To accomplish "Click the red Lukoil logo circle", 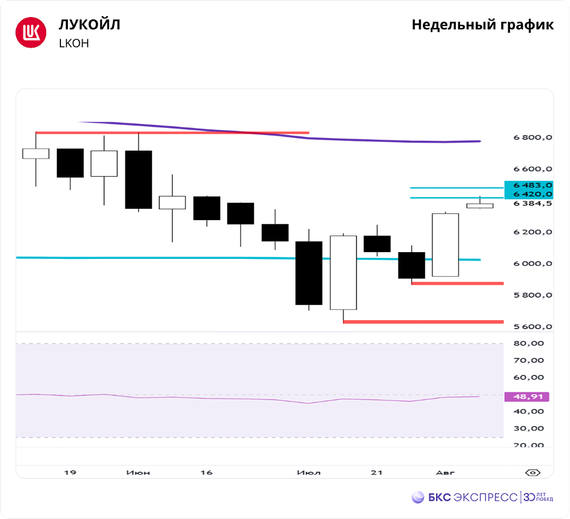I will (30, 33).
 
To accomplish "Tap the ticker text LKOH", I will (74, 43).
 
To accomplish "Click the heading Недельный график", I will (482, 25).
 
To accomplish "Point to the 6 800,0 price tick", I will (532, 137).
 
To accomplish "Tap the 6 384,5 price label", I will (532, 204).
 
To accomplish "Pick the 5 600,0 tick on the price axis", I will (532, 327).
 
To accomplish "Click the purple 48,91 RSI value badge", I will (527, 396).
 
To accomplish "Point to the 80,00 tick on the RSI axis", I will (528, 343).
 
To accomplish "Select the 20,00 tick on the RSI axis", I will (528, 445).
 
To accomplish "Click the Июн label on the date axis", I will (139, 473).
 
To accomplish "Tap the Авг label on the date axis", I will (445, 473).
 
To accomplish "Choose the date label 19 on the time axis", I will (70, 473).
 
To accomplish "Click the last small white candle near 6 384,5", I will (480, 206).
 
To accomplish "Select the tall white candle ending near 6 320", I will (446, 245).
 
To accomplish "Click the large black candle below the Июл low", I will (309, 273).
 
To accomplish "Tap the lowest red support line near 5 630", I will (423, 322).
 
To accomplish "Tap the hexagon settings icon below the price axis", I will (533, 473).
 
